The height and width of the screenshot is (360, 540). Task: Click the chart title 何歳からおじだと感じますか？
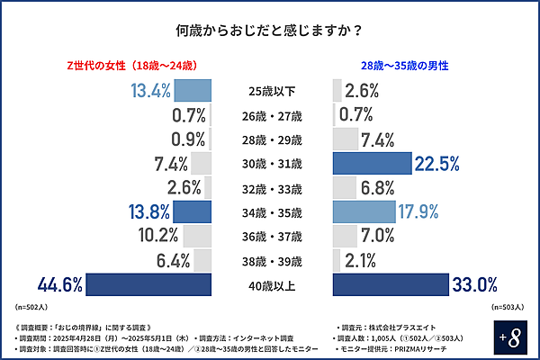(269, 30)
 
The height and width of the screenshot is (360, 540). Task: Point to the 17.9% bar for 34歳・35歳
(364, 211)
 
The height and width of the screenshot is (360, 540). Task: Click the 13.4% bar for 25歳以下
(193, 90)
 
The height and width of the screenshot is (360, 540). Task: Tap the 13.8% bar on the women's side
(193, 211)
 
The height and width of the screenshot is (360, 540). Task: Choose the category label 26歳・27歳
(273, 115)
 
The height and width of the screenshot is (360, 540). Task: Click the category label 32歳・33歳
(273, 188)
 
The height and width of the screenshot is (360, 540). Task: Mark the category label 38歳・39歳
(273, 261)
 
